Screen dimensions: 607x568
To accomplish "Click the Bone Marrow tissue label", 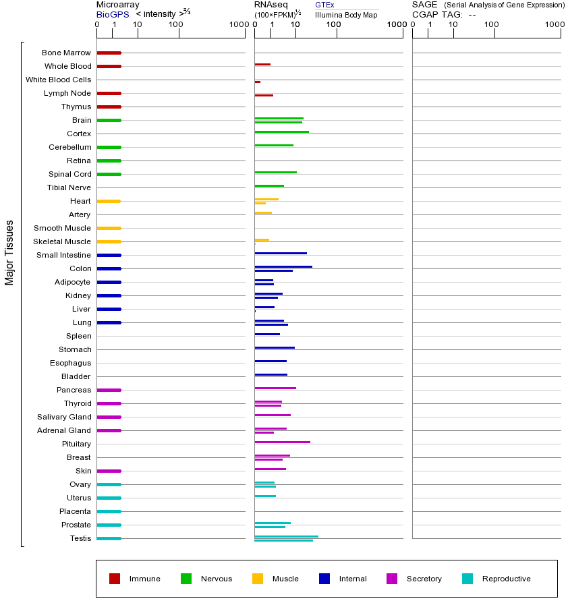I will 66,53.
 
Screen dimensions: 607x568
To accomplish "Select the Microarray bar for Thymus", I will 109,107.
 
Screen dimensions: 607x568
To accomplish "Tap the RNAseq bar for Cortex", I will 281,132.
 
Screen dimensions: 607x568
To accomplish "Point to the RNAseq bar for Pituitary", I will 282,442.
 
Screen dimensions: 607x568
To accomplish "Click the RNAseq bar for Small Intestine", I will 281,253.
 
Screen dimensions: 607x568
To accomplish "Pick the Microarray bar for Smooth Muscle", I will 109,228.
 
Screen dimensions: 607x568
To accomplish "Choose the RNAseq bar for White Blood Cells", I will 258,82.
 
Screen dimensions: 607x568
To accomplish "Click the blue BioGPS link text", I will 110,13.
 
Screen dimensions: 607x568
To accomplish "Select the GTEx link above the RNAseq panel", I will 324,5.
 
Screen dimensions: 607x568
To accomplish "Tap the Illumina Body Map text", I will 346,14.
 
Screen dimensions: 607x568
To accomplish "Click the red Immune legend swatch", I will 115,579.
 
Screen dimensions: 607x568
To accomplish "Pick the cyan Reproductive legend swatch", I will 467,579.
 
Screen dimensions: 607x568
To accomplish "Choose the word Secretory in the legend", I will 424,579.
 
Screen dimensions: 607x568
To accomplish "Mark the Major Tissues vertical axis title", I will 9,252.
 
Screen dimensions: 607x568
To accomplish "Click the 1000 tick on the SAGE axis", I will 554,25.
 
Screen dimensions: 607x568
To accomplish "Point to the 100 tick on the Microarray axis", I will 175,25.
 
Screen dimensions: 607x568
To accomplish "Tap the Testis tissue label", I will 80,538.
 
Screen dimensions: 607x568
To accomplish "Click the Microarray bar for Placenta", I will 109,511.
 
